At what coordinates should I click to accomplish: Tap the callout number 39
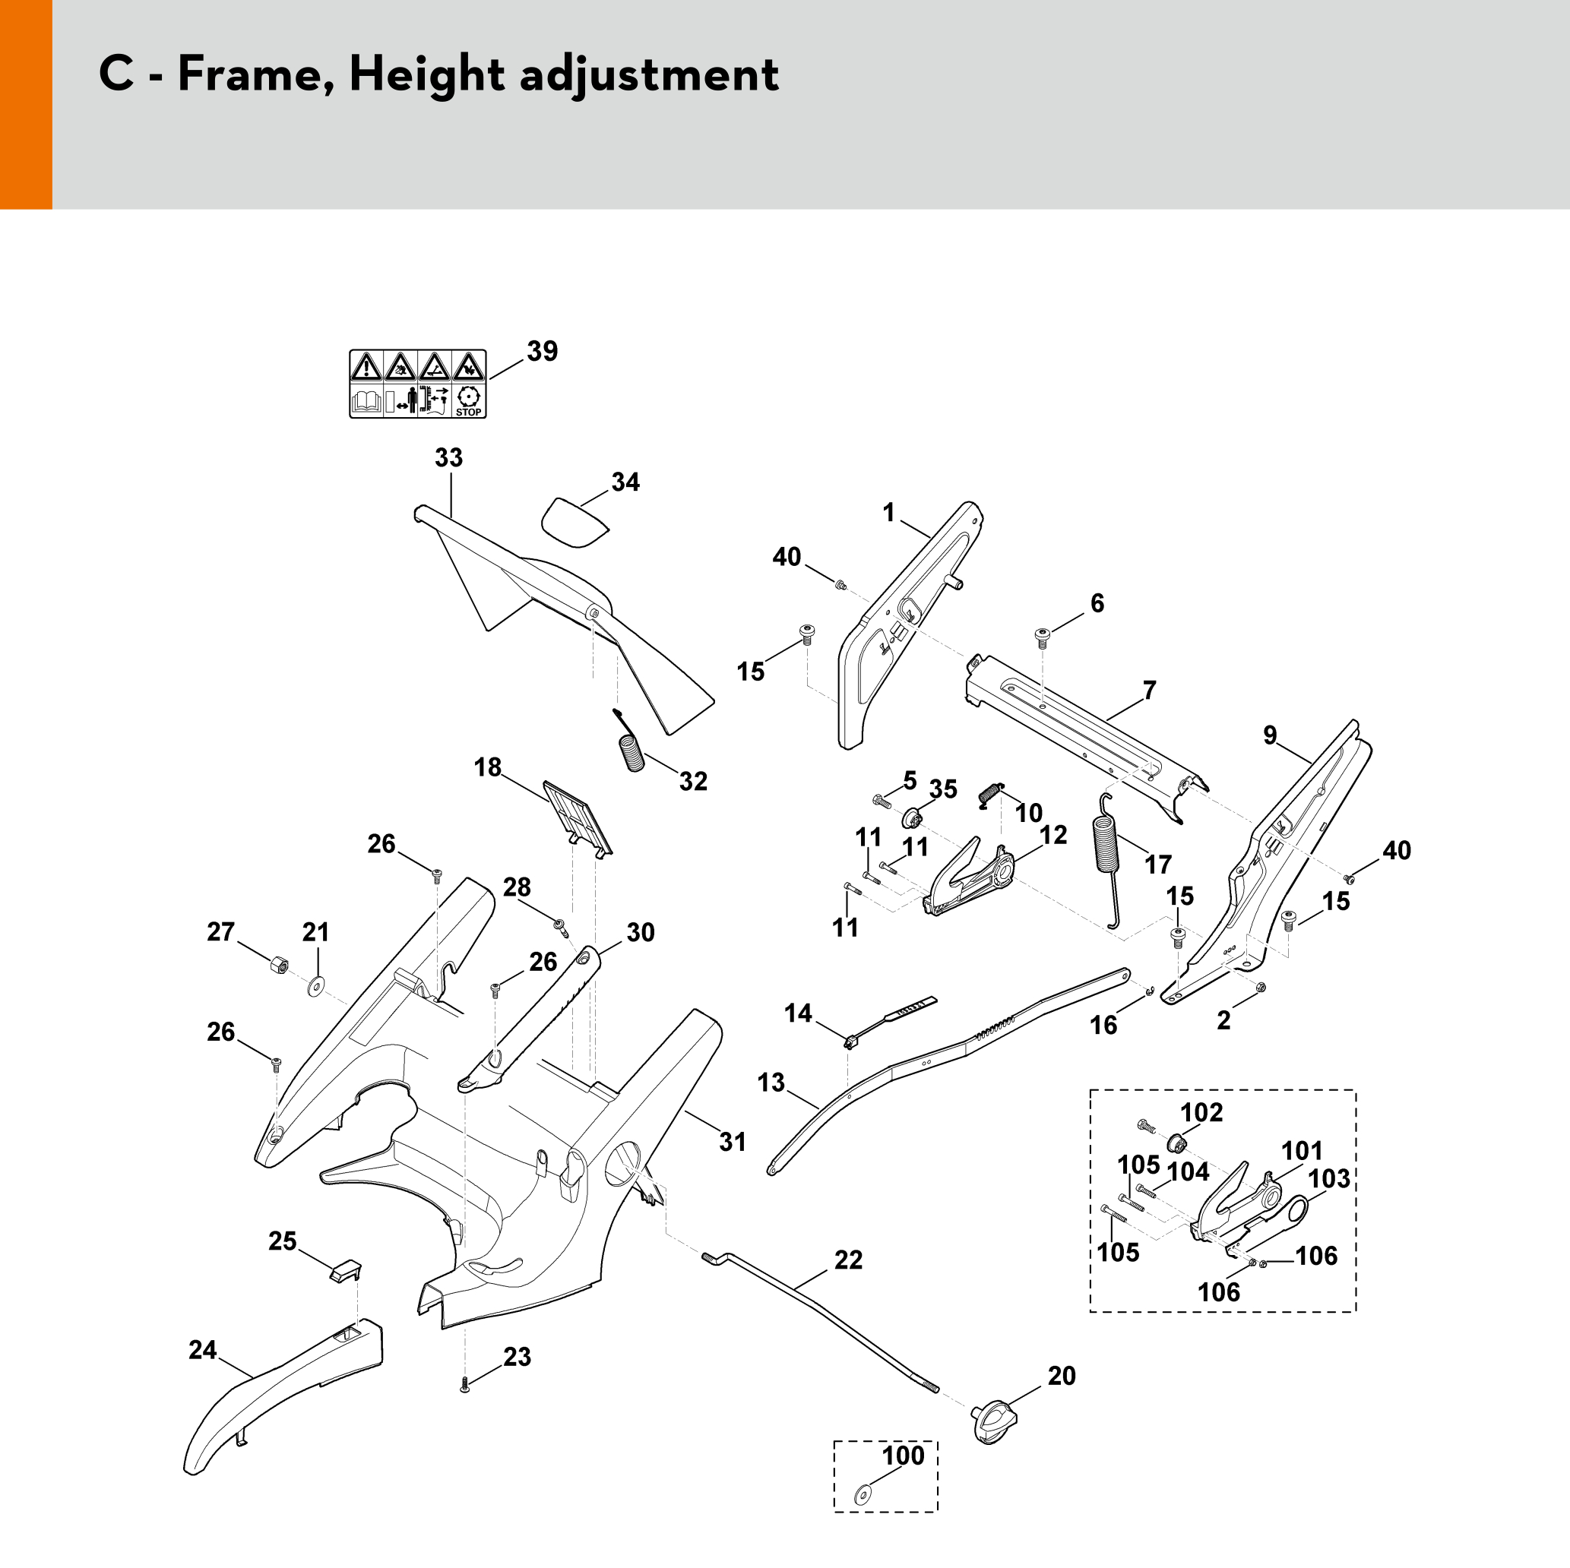[542, 351]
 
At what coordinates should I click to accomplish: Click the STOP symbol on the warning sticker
[468, 401]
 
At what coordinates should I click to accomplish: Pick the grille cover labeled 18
[577, 816]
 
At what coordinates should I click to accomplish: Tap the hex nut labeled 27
[279, 965]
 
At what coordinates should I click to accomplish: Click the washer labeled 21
[315, 987]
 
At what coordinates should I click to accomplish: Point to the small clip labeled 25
[345, 1271]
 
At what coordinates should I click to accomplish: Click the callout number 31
[732, 1142]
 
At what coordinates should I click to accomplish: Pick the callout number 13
[771, 1082]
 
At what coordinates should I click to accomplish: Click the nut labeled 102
[1176, 1144]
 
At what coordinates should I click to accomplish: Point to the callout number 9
[1270, 735]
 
